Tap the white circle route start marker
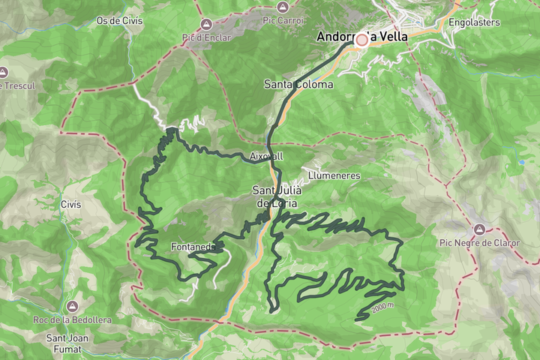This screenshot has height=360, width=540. point(362,40)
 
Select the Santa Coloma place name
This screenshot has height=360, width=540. point(298,84)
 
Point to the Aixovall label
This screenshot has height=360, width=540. point(266,156)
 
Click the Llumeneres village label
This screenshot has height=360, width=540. point(334,175)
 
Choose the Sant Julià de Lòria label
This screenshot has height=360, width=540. point(278,196)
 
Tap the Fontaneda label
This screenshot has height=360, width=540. point(193,247)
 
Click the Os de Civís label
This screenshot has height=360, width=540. point(119,20)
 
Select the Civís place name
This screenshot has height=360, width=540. point(70,204)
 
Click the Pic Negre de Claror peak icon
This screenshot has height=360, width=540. point(478,229)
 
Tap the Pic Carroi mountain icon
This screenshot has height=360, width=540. point(282,7)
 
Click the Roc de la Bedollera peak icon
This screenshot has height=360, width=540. point(72,307)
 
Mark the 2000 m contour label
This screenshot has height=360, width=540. point(382,307)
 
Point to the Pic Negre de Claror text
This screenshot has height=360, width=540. point(478,242)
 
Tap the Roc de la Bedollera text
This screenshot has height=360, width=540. point(72,320)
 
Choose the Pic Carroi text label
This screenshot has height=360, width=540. point(282,20)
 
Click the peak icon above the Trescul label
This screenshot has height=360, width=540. point(4,72)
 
